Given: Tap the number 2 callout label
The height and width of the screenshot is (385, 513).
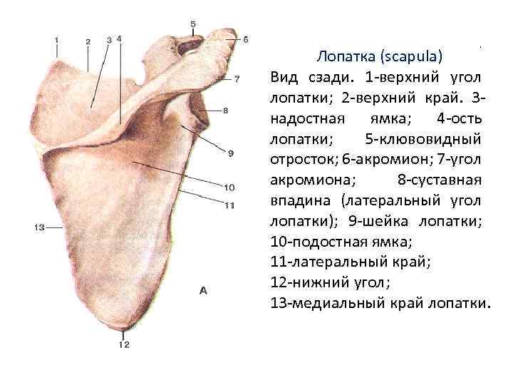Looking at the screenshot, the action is click(88, 42).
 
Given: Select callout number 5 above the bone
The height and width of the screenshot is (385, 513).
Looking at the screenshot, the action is click(193, 24).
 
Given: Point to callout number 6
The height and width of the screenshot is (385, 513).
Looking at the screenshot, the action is click(245, 40).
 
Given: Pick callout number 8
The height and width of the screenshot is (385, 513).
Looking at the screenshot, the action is click(225, 111).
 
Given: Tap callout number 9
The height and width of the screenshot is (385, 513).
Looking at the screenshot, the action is click(231, 152).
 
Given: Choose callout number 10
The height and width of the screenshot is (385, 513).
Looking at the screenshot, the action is click(229, 188).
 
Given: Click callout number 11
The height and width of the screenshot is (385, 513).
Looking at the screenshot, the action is click(229, 206).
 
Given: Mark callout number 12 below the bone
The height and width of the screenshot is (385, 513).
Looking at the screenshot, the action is click(124, 345).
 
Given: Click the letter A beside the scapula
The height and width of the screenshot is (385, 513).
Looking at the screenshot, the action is click(203, 290).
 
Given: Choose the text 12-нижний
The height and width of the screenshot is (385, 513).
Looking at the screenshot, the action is click(308, 282).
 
